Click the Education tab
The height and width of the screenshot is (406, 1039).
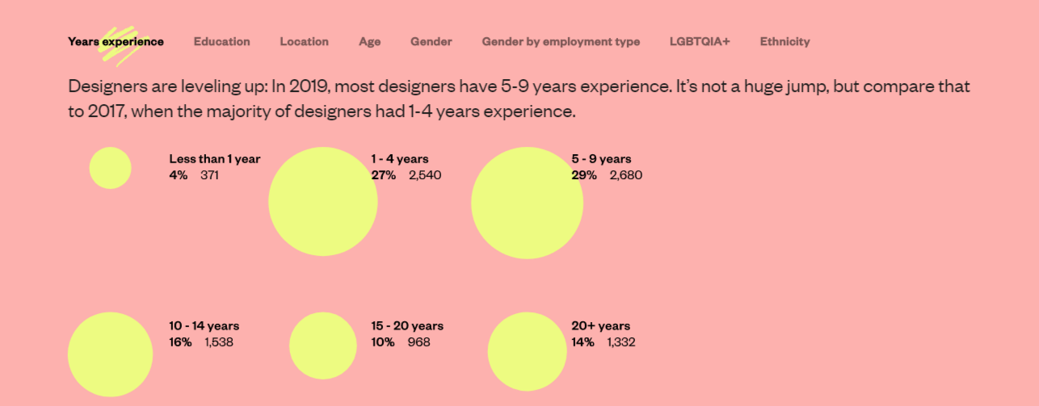(221, 42)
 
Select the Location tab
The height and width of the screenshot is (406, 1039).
(305, 42)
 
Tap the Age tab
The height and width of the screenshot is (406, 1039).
(370, 42)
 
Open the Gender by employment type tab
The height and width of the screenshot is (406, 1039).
(561, 42)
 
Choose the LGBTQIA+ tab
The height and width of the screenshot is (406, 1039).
(700, 42)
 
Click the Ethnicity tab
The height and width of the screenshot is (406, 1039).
(785, 42)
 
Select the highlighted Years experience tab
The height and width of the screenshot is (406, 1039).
(116, 42)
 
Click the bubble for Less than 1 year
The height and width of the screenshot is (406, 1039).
(111, 168)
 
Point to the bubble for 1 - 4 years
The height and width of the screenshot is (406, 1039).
(323, 202)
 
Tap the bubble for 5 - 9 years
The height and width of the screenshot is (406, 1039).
(527, 203)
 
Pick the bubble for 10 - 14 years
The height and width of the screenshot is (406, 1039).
(111, 354)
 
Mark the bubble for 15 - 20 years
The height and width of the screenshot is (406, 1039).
(323, 345)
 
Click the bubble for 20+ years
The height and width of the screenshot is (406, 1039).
(527, 351)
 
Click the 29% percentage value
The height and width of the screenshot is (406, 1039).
(584, 175)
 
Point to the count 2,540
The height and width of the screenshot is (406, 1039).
(425, 175)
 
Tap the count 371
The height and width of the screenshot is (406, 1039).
(209, 175)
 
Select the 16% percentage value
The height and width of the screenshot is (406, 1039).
(180, 342)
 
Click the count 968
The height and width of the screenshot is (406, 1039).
(419, 342)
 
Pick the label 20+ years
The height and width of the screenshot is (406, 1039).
(600, 326)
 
